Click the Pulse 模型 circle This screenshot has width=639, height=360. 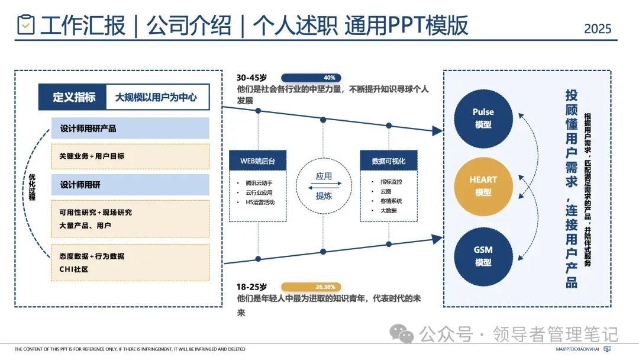pyautogui.click(x=483, y=118)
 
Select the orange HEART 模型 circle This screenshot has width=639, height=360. pyautogui.click(x=483, y=186)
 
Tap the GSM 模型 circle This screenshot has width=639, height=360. pyautogui.click(x=483, y=256)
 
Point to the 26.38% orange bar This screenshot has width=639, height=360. pyautogui.click(x=311, y=287)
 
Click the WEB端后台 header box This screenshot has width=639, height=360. pyautogui.click(x=259, y=160)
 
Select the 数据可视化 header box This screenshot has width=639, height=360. pyautogui.click(x=389, y=160)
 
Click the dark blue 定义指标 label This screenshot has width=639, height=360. pyautogui.click(x=73, y=97)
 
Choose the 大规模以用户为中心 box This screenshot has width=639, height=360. pyautogui.click(x=157, y=97)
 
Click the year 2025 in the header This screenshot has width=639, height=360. pyautogui.click(x=597, y=28)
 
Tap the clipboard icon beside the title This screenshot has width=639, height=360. pyautogui.click(x=26, y=25)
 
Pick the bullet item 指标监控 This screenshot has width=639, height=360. pyautogui.click(x=391, y=182)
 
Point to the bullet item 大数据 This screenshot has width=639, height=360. pyautogui.click(x=388, y=210)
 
